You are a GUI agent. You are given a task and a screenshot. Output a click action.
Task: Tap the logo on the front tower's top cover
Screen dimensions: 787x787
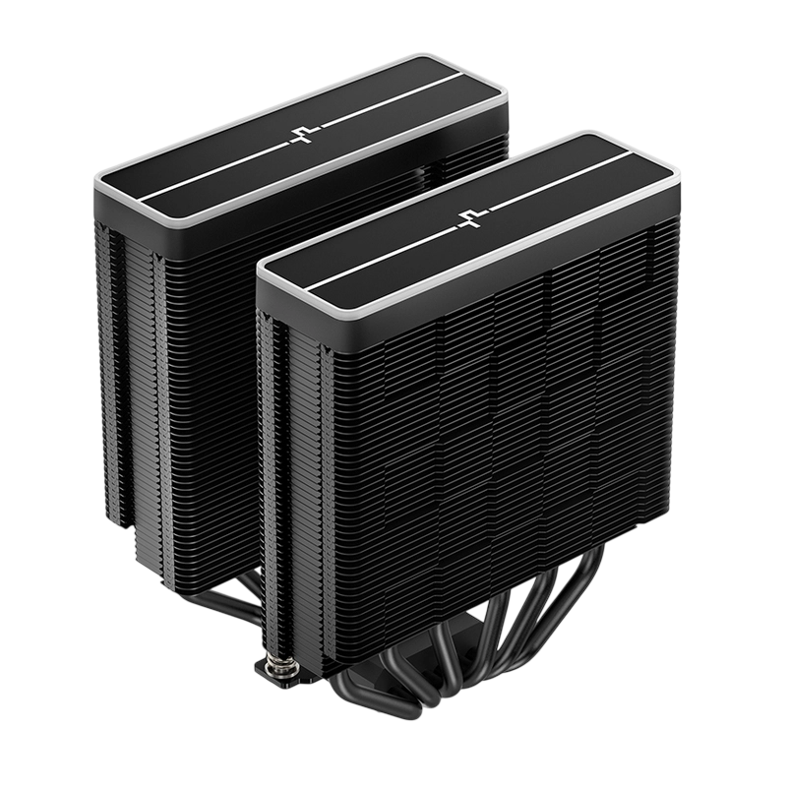coord(466,218)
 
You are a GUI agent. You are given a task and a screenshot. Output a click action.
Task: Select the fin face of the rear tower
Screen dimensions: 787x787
coord(197,374)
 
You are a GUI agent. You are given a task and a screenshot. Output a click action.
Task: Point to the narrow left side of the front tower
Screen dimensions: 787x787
coord(280,443)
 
